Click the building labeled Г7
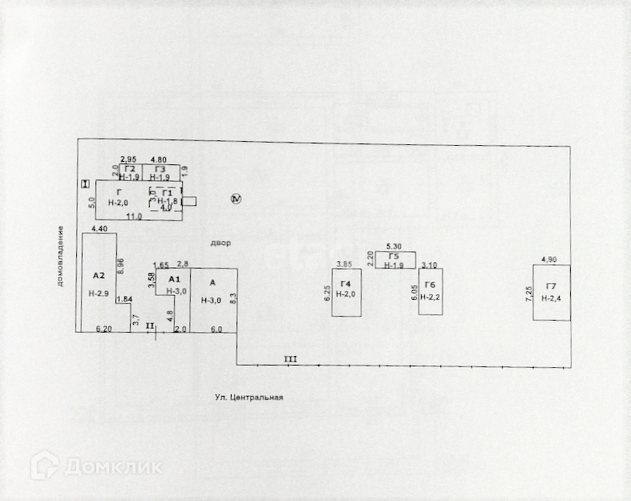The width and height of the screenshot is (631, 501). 552,293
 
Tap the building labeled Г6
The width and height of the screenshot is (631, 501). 431,292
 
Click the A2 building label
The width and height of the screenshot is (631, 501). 99,275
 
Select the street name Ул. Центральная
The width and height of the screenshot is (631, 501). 249,397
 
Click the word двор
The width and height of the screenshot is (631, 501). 220,243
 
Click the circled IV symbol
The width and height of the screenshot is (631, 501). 236,198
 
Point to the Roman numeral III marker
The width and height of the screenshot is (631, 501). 290,359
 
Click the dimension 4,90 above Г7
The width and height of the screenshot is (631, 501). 549,260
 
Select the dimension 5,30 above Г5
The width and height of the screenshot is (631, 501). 393,246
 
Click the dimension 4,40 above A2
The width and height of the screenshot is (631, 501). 100,230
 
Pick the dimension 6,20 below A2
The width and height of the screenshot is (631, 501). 103,329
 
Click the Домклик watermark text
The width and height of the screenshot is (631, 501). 112,466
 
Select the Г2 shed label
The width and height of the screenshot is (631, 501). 128,168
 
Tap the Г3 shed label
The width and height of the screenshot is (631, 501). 160,168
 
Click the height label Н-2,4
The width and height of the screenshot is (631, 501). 552,298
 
